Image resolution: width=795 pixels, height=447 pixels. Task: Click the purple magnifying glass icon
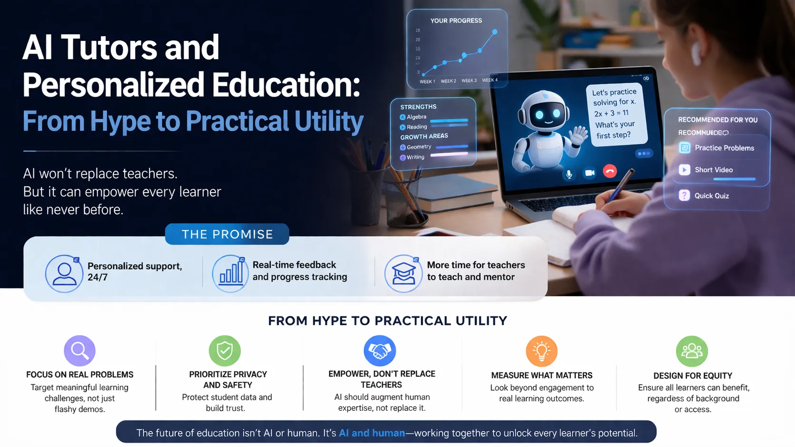tap(79, 351)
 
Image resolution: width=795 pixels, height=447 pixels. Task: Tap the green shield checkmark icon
tap(225, 351)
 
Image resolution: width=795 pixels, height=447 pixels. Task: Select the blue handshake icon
tap(380, 351)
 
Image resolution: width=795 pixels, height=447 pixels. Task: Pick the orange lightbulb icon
tap(541, 351)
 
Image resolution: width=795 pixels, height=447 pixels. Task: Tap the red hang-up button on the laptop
tap(610, 171)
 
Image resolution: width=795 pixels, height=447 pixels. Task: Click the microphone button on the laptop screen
tap(569, 174)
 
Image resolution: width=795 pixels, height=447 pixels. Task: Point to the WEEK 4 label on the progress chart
tap(490, 80)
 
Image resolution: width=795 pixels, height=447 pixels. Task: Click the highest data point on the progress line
tap(495, 32)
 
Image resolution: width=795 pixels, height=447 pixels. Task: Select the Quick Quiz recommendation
tap(711, 195)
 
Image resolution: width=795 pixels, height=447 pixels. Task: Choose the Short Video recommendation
tap(713, 170)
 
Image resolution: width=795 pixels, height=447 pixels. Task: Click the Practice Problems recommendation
tap(724, 148)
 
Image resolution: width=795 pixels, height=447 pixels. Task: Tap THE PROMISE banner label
tap(227, 234)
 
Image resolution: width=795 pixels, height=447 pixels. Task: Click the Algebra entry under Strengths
tap(416, 117)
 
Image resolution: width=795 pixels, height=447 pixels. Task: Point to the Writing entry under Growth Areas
tap(415, 157)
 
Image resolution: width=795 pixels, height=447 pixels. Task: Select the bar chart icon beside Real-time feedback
tap(230, 274)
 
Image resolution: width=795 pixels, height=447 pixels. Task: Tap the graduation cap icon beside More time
tap(403, 274)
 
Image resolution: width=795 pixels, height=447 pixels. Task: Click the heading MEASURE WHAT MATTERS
tap(541, 375)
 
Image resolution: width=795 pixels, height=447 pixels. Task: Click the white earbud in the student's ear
tap(697, 52)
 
